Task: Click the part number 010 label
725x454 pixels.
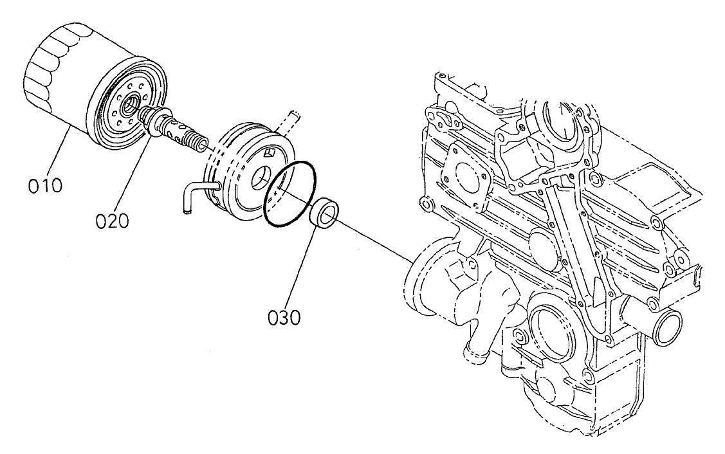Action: click(x=45, y=186)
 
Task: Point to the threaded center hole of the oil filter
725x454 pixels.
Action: click(x=131, y=104)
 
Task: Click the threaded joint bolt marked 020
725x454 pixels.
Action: click(x=177, y=129)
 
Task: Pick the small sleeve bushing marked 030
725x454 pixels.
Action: click(x=324, y=213)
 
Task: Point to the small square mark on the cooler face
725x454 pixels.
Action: click(x=271, y=153)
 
